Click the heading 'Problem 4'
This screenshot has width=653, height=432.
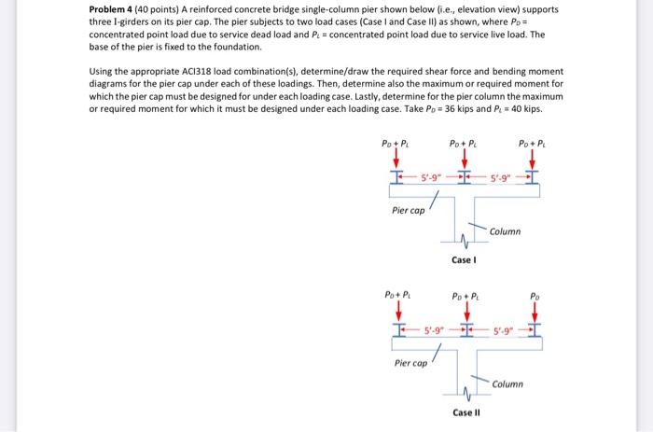(114, 10)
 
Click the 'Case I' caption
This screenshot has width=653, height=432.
(464, 260)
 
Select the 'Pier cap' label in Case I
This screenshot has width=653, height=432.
(409, 210)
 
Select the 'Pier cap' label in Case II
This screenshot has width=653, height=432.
(411, 362)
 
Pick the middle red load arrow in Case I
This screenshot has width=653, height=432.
(463, 160)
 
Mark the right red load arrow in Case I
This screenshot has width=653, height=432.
(533, 160)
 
